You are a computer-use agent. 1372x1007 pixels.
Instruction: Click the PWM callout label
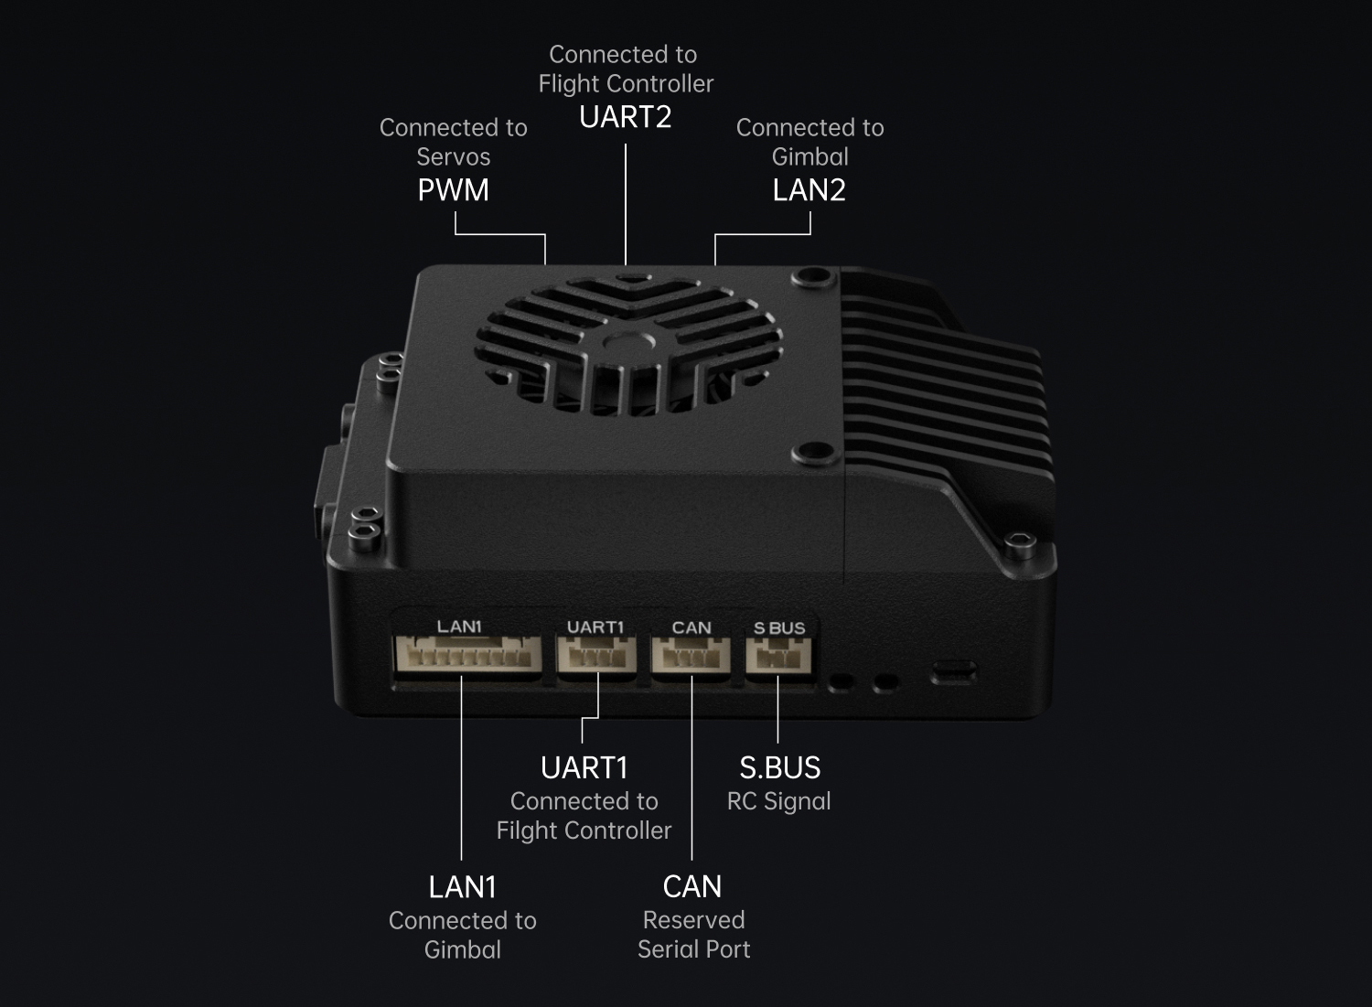[x=453, y=190]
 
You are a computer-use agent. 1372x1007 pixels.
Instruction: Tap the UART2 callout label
[x=626, y=117]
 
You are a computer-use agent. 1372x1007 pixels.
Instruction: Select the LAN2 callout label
[x=809, y=190]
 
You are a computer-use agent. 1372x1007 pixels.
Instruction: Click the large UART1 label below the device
[x=584, y=768]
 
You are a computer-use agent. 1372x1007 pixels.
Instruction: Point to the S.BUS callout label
[x=779, y=768]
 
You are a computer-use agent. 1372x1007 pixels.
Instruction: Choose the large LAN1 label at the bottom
[x=463, y=887]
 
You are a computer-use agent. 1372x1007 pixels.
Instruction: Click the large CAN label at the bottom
[x=692, y=887]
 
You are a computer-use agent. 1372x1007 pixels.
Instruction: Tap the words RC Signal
[x=779, y=801]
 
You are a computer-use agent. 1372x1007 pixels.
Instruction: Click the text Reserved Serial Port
[x=693, y=935]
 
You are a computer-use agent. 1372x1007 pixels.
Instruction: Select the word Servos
[x=454, y=156]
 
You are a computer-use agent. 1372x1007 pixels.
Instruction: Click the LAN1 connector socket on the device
[x=466, y=656]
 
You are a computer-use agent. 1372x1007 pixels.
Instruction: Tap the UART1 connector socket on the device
[x=596, y=656]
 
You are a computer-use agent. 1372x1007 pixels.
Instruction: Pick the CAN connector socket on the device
[x=691, y=656]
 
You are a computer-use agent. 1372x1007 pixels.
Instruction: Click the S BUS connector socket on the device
[x=778, y=656]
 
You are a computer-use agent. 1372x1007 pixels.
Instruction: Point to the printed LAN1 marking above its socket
[x=459, y=627]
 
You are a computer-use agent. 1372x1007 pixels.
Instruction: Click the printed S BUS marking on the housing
[x=779, y=628]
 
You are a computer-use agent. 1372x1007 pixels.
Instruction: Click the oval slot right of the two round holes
[x=953, y=674]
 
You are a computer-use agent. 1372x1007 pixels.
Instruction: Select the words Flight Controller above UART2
[x=626, y=84]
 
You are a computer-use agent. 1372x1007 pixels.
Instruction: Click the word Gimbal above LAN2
[x=810, y=156]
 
